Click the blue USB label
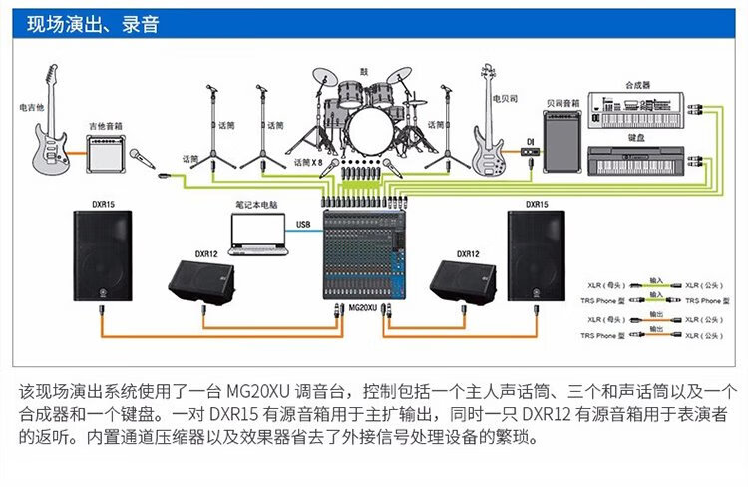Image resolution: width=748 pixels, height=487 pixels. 305,225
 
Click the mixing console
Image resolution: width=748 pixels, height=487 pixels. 366,254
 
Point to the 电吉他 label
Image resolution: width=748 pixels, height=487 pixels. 31,106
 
